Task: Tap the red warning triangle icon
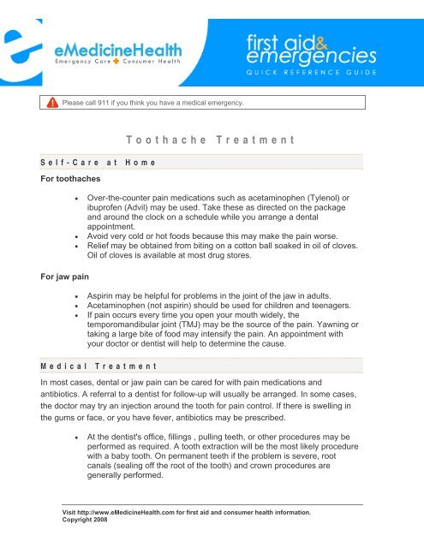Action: [53, 103]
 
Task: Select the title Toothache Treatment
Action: [210, 139]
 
